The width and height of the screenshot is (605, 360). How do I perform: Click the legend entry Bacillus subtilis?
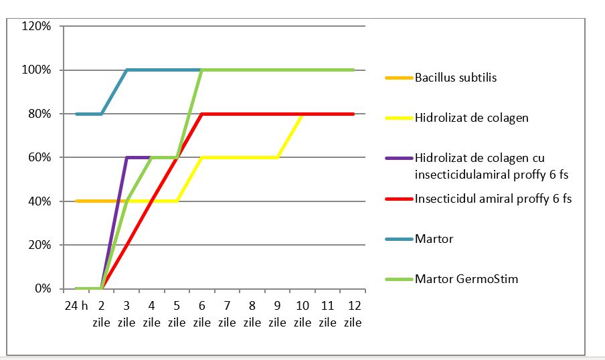point(455,78)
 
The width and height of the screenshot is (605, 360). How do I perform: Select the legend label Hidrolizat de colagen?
point(471,118)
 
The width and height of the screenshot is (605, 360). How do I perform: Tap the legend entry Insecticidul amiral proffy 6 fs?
point(493,198)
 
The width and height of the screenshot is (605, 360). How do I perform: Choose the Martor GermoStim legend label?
point(466,278)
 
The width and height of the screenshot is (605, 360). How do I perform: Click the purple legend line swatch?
point(398,159)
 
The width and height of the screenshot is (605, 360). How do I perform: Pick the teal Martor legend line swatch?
point(398,239)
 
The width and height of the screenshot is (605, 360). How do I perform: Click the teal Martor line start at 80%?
point(77,114)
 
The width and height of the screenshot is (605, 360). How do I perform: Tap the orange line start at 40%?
point(77,201)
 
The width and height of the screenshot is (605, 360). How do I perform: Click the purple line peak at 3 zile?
point(127,158)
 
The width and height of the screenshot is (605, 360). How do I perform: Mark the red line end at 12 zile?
point(353,114)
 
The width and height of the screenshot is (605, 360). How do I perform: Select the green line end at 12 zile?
point(353,70)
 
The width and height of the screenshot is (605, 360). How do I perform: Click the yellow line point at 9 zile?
point(278,158)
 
